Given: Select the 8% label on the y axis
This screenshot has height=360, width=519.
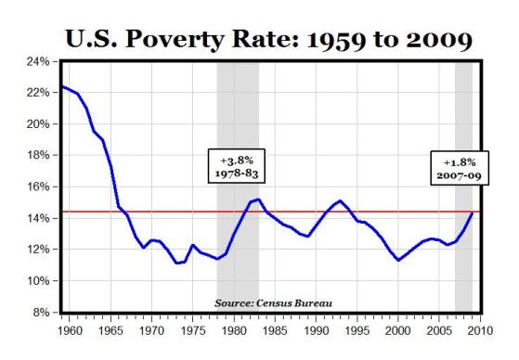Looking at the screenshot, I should click(x=38, y=313).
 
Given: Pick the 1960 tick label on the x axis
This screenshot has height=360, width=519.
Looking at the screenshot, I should click(x=69, y=328).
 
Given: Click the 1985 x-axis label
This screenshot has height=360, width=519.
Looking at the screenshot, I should click(x=275, y=328).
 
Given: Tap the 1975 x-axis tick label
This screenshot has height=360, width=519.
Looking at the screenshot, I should click(x=192, y=328).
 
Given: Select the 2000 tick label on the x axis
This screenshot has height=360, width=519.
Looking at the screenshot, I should click(x=398, y=328).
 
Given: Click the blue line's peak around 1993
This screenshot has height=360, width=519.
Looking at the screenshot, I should click(x=340, y=200).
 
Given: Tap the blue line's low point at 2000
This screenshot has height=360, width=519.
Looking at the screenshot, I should click(x=398, y=261).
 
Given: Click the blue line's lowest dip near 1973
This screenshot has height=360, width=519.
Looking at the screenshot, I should click(x=176, y=264).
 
